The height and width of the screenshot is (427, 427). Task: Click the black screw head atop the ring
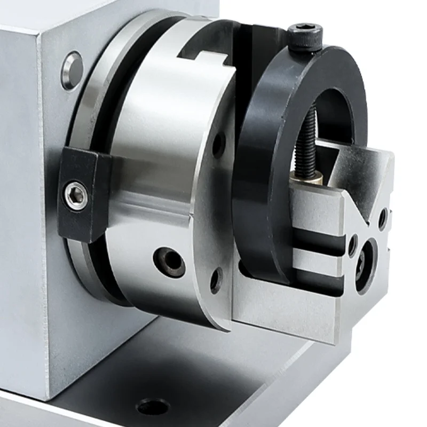click(305, 35)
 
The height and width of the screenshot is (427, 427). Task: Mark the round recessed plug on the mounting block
click(72, 70)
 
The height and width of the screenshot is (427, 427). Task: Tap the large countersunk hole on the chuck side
click(169, 262)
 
